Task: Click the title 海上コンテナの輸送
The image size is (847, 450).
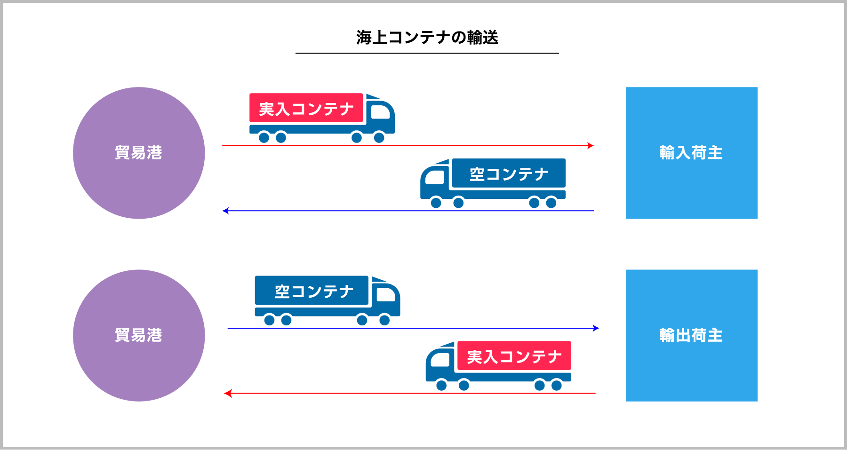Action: pos(427,37)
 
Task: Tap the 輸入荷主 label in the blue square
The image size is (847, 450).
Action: pos(691,153)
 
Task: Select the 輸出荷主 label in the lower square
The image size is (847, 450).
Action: pos(691,335)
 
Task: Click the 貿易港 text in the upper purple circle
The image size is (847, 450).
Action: pos(138,153)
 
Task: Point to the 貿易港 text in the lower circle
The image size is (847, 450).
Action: pos(138,335)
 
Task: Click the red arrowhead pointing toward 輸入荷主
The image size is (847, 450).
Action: pos(591,146)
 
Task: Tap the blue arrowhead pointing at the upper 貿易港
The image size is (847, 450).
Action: pos(225,211)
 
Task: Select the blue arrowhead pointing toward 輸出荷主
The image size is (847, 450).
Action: pos(596,328)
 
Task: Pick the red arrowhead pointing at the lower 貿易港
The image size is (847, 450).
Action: pos(228,393)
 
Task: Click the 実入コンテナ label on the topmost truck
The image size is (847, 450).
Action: pos(306,109)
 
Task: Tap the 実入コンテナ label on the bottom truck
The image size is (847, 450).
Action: pos(514,357)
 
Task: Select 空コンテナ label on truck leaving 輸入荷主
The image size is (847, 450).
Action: pos(509,174)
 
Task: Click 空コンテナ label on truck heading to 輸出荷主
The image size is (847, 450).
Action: pos(314,292)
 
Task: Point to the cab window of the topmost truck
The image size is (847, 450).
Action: pos(380,112)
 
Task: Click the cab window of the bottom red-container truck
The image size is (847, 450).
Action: pos(440,360)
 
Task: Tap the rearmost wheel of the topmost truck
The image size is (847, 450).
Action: pos(264,137)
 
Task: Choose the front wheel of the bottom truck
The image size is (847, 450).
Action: pos(441,386)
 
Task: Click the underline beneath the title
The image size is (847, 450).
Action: pos(427,54)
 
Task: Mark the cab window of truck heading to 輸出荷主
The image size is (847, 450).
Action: pos(386,294)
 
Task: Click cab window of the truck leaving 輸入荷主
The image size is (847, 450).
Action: pos(435,177)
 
